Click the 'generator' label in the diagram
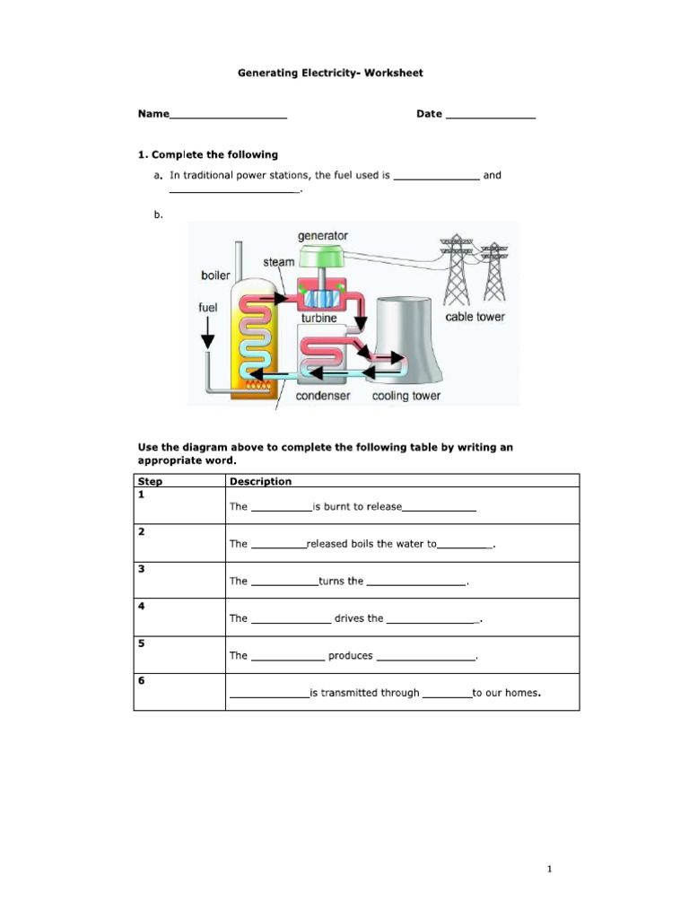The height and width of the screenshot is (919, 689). [322, 236]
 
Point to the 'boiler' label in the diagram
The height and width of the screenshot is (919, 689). [215, 276]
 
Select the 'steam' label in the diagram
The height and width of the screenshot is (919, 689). [278, 262]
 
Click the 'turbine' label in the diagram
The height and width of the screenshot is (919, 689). [319, 318]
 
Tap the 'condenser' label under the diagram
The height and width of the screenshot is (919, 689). [323, 395]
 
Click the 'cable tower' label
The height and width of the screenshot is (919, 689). [475, 317]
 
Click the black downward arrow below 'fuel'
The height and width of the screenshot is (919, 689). [208, 336]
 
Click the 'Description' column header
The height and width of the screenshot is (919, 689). [260, 481]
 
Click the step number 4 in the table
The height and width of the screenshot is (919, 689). [141, 607]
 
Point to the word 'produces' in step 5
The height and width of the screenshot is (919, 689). [350, 656]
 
